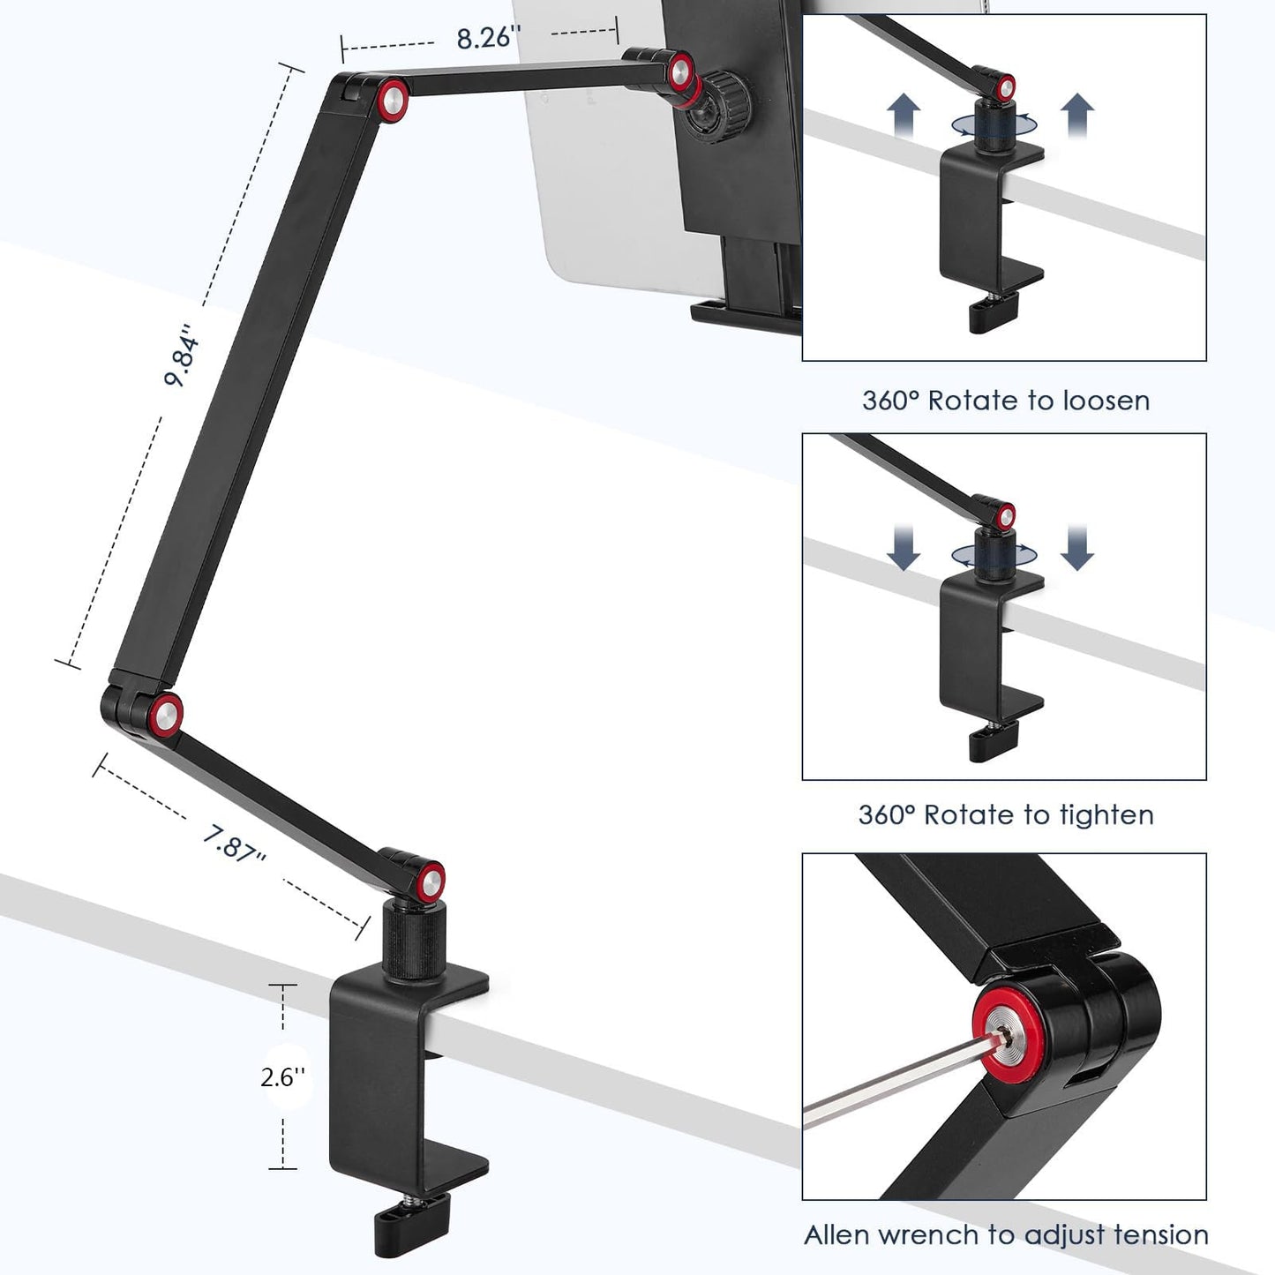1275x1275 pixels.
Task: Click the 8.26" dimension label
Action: tap(488, 38)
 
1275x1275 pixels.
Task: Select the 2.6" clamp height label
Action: tap(282, 1076)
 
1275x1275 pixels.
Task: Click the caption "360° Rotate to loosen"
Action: tap(1005, 401)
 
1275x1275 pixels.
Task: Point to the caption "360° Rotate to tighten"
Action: tap(1005, 814)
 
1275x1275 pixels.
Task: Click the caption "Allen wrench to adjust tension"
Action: tap(1005, 1234)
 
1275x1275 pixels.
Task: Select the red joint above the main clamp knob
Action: tap(431, 879)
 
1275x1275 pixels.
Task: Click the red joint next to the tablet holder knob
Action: tap(680, 72)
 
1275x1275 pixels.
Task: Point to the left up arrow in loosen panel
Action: tap(904, 115)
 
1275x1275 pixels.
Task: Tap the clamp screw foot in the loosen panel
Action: tap(994, 314)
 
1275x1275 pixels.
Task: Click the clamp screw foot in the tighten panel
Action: tap(993, 741)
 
